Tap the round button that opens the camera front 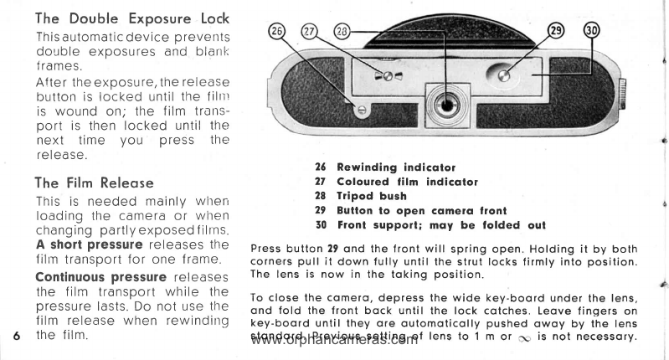tap(504, 77)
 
